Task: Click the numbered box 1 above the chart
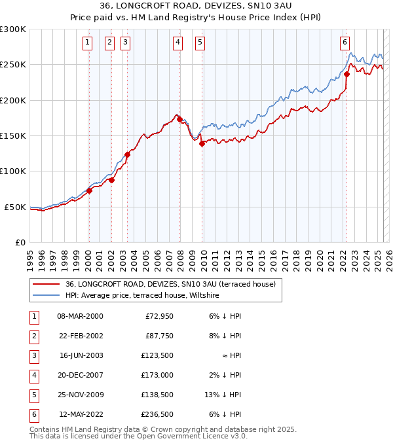(x=88, y=43)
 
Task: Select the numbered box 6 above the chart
(x=345, y=43)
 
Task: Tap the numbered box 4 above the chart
(x=178, y=43)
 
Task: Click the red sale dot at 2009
(x=202, y=144)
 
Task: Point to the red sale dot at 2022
(x=346, y=74)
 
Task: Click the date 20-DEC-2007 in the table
(x=80, y=375)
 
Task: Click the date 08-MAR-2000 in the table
(x=80, y=316)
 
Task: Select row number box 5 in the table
(x=33, y=395)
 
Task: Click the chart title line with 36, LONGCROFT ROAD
(x=196, y=7)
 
